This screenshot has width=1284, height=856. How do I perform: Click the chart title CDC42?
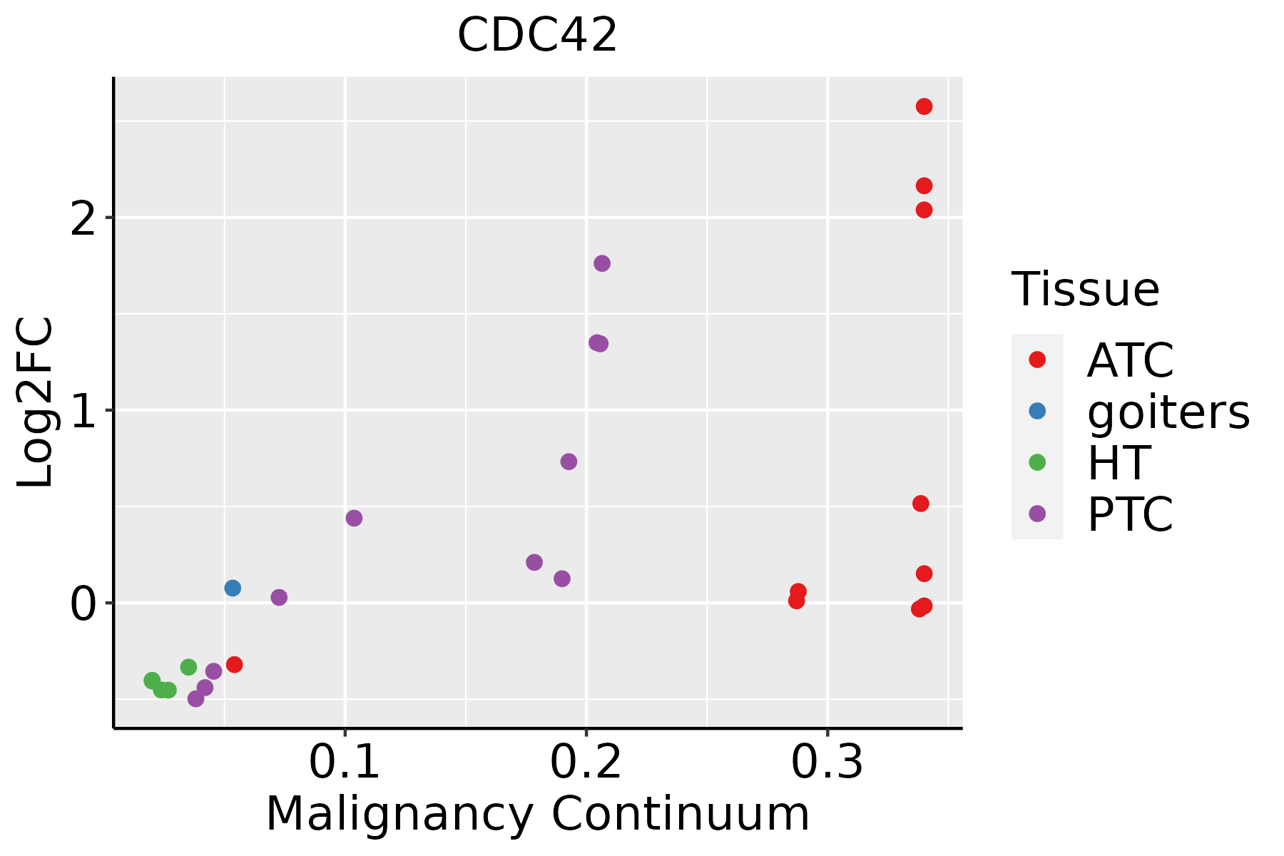tap(536, 36)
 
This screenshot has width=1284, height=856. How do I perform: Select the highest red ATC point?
tap(924, 106)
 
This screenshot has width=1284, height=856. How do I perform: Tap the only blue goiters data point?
tap(233, 588)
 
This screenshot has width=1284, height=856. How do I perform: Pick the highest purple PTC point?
tap(602, 263)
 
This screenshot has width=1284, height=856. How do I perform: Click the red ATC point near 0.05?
tap(234, 664)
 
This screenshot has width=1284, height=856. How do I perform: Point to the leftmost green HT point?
tap(152, 681)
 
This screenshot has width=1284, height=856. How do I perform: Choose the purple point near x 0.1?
tap(354, 518)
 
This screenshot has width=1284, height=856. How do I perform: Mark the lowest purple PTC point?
tap(195, 698)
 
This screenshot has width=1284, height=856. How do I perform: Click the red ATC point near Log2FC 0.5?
tap(921, 504)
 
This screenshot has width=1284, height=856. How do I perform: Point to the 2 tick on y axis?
tap(84, 218)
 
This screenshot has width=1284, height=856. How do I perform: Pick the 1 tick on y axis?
tap(84, 410)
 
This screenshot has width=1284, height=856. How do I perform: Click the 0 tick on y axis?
tap(84, 603)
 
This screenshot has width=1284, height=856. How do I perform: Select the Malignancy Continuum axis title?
tap(537, 814)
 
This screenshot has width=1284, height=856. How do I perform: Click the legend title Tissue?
tap(1085, 290)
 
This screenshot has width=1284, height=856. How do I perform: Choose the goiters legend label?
tap(1168, 412)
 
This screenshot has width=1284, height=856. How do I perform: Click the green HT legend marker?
tap(1037, 462)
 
